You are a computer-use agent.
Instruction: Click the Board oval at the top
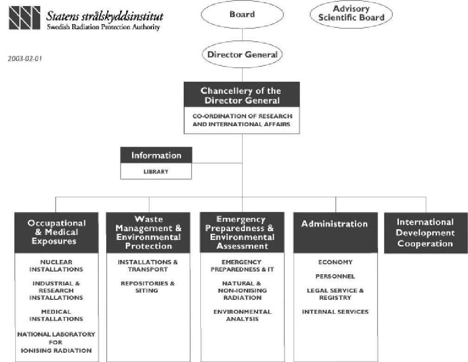pyautogui.click(x=242, y=14)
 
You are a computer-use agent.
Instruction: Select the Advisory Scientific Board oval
pyautogui.click(x=351, y=14)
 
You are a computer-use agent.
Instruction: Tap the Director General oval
pyautogui.click(x=242, y=55)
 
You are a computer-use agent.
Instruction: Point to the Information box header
pyautogui.click(x=156, y=155)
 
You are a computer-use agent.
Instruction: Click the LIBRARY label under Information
pyautogui.click(x=156, y=171)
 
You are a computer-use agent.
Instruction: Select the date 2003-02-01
pyautogui.click(x=25, y=58)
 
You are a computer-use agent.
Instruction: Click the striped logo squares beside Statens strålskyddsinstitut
pyautogui.click(x=25, y=18)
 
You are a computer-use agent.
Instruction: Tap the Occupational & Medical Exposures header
pyautogui.click(x=57, y=233)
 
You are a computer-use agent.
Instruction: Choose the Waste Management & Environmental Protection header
pyautogui.click(x=148, y=233)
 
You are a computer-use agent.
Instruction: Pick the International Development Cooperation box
pyautogui.click(x=426, y=233)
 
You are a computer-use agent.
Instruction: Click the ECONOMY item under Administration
pyautogui.click(x=335, y=262)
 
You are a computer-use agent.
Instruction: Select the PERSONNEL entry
pyautogui.click(x=335, y=276)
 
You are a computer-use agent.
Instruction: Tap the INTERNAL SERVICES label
pyautogui.click(x=335, y=312)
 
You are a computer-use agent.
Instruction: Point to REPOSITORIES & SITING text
pyautogui.click(x=147, y=287)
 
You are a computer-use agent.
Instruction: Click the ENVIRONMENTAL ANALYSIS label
pyautogui.click(x=243, y=316)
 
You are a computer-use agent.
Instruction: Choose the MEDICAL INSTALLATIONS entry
pyautogui.click(x=56, y=316)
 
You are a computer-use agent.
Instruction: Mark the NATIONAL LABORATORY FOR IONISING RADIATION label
pyautogui.click(x=56, y=343)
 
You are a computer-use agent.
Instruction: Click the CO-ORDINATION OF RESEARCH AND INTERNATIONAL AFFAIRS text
pyautogui.click(x=242, y=120)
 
